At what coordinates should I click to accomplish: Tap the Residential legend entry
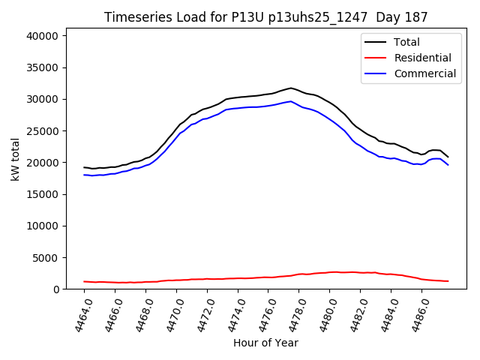coord(422,58)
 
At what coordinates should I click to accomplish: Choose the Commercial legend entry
coord(424,73)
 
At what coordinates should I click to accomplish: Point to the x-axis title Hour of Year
coord(265,343)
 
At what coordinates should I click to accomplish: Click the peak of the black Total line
coord(291,88)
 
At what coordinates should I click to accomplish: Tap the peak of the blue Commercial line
coord(291,101)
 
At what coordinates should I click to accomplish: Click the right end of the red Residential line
coord(448,281)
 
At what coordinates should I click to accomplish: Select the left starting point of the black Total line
coord(84,167)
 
